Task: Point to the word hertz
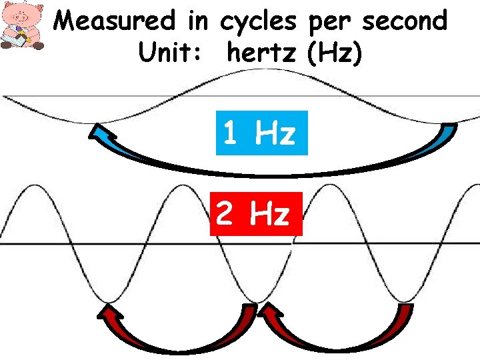tap(262, 53)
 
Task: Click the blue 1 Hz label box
tap(261, 133)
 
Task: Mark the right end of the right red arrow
tap(405, 308)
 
